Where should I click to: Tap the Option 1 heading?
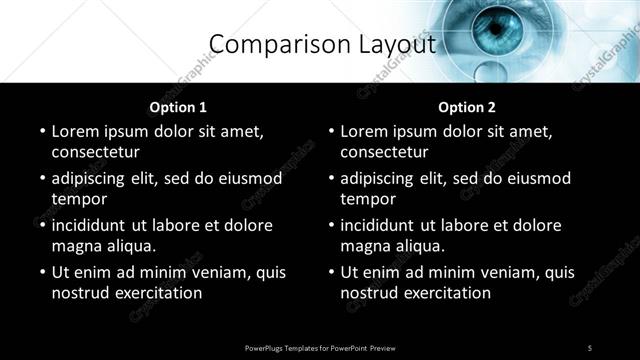coord(178,107)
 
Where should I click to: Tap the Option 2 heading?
coord(467,107)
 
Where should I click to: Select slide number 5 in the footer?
coord(590,348)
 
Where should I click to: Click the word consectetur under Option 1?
coord(96,153)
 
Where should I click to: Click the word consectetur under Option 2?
coord(385,153)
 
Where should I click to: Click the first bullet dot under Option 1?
coord(41,132)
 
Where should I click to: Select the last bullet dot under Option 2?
coord(330,273)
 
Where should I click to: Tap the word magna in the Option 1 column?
coord(74,246)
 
